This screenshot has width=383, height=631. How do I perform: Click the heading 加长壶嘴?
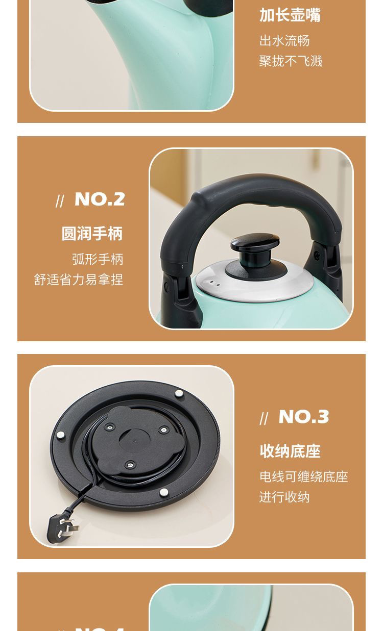(x=290, y=15)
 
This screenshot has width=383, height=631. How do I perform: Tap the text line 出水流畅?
(x=284, y=41)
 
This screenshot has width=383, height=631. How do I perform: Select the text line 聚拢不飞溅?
(x=291, y=61)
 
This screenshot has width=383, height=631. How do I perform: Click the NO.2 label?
(x=100, y=199)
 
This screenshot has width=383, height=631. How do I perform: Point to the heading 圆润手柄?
(x=92, y=234)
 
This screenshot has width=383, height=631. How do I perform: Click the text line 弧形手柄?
(x=98, y=259)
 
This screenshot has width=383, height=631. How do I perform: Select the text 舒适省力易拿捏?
(x=79, y=280)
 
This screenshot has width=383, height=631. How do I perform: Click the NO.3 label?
(x=304, y=417)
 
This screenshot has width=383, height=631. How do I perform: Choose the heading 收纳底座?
(x=290, y=451)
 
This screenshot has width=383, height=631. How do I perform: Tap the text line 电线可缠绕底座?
(x=304, y=477)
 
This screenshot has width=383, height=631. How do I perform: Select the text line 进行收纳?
(x=284, y=497)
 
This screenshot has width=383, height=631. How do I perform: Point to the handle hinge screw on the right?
(x=318, y=254)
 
